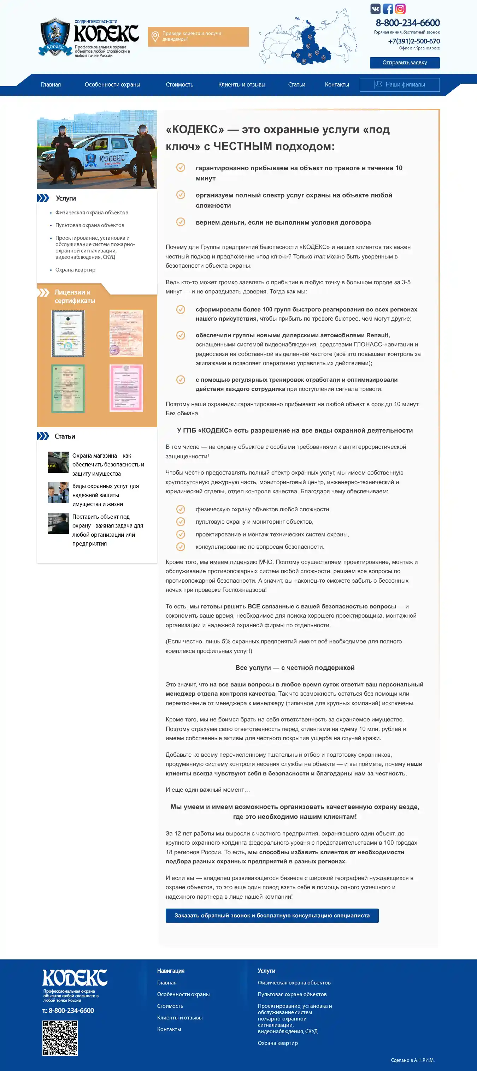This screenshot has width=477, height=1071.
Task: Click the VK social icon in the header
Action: pos(375,9)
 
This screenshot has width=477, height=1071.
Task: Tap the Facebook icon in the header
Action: pos(388,9)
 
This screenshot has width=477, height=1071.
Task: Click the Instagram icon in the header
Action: pos(400,9)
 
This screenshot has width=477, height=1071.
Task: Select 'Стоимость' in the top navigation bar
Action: pos(179,84)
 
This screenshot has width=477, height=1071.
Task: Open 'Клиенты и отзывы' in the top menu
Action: pos(242,84)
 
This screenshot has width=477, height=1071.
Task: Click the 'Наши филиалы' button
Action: pos(399,84)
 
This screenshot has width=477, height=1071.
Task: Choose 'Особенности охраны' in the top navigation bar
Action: pos(112,84)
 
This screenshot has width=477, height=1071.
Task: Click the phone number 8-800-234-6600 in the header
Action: pos(407,23)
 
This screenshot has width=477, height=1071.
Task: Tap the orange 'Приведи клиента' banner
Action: pos(198,37)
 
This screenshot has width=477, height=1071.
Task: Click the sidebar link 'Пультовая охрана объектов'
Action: pos(90,225)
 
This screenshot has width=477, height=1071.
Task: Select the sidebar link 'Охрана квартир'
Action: pos(75,270)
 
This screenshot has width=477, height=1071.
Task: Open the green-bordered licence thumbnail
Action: pos(68,388)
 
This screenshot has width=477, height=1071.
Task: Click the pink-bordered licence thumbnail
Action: pos(126,388)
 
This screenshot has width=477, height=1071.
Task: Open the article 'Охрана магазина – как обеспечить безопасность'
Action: pos(108,464)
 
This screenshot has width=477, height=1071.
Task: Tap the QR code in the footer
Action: pos(60,1038)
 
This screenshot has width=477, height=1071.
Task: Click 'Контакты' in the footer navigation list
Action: pos(169,1029)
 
